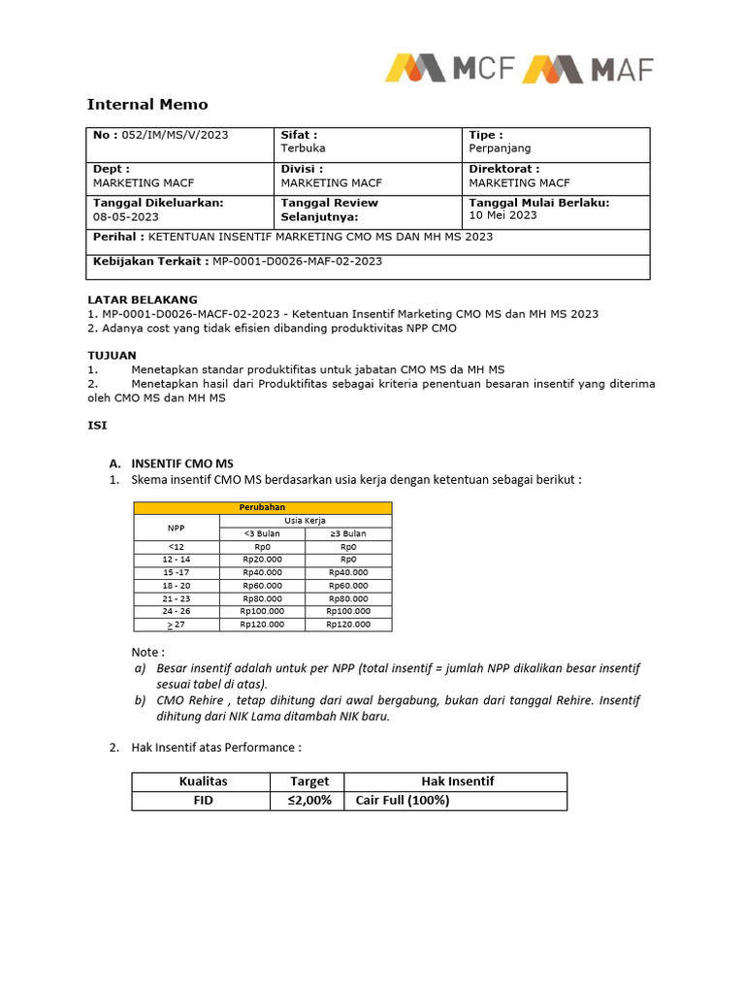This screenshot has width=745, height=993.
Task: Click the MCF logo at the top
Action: (449, 69)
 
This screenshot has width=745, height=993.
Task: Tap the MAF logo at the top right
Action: (588, 69)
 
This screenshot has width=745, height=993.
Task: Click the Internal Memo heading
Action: (147, 105)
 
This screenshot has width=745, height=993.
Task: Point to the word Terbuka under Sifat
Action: (303, 148)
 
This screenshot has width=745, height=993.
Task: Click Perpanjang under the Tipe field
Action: (500, 148)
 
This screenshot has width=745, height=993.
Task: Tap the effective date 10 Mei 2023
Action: (502, 215)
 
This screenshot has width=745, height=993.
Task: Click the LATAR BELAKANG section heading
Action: (142, 300)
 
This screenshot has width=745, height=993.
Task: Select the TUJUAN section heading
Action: (112, 356)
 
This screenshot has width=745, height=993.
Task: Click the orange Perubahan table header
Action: (262, 507)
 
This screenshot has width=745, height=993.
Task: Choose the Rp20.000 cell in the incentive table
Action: (262, 560)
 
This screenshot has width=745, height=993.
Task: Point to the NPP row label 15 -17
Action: (177, 573)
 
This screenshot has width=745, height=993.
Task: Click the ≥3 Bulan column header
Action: (348, 533)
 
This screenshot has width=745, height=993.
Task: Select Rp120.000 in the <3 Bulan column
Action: (262, 625)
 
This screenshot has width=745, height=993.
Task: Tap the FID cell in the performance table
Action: (202, 801)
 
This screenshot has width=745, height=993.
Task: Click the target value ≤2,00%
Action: (308, 801)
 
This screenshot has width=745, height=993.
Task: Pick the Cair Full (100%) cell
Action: (403, 801)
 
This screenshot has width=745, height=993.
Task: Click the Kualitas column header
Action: (202, 782)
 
